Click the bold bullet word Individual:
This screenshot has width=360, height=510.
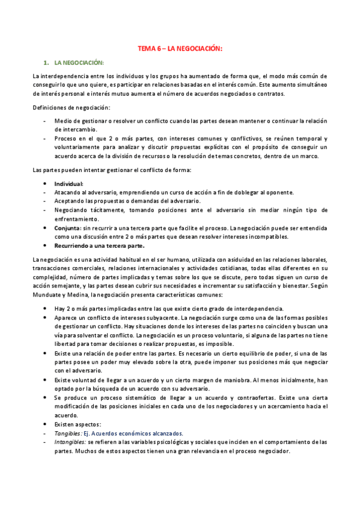pos(69,183)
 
